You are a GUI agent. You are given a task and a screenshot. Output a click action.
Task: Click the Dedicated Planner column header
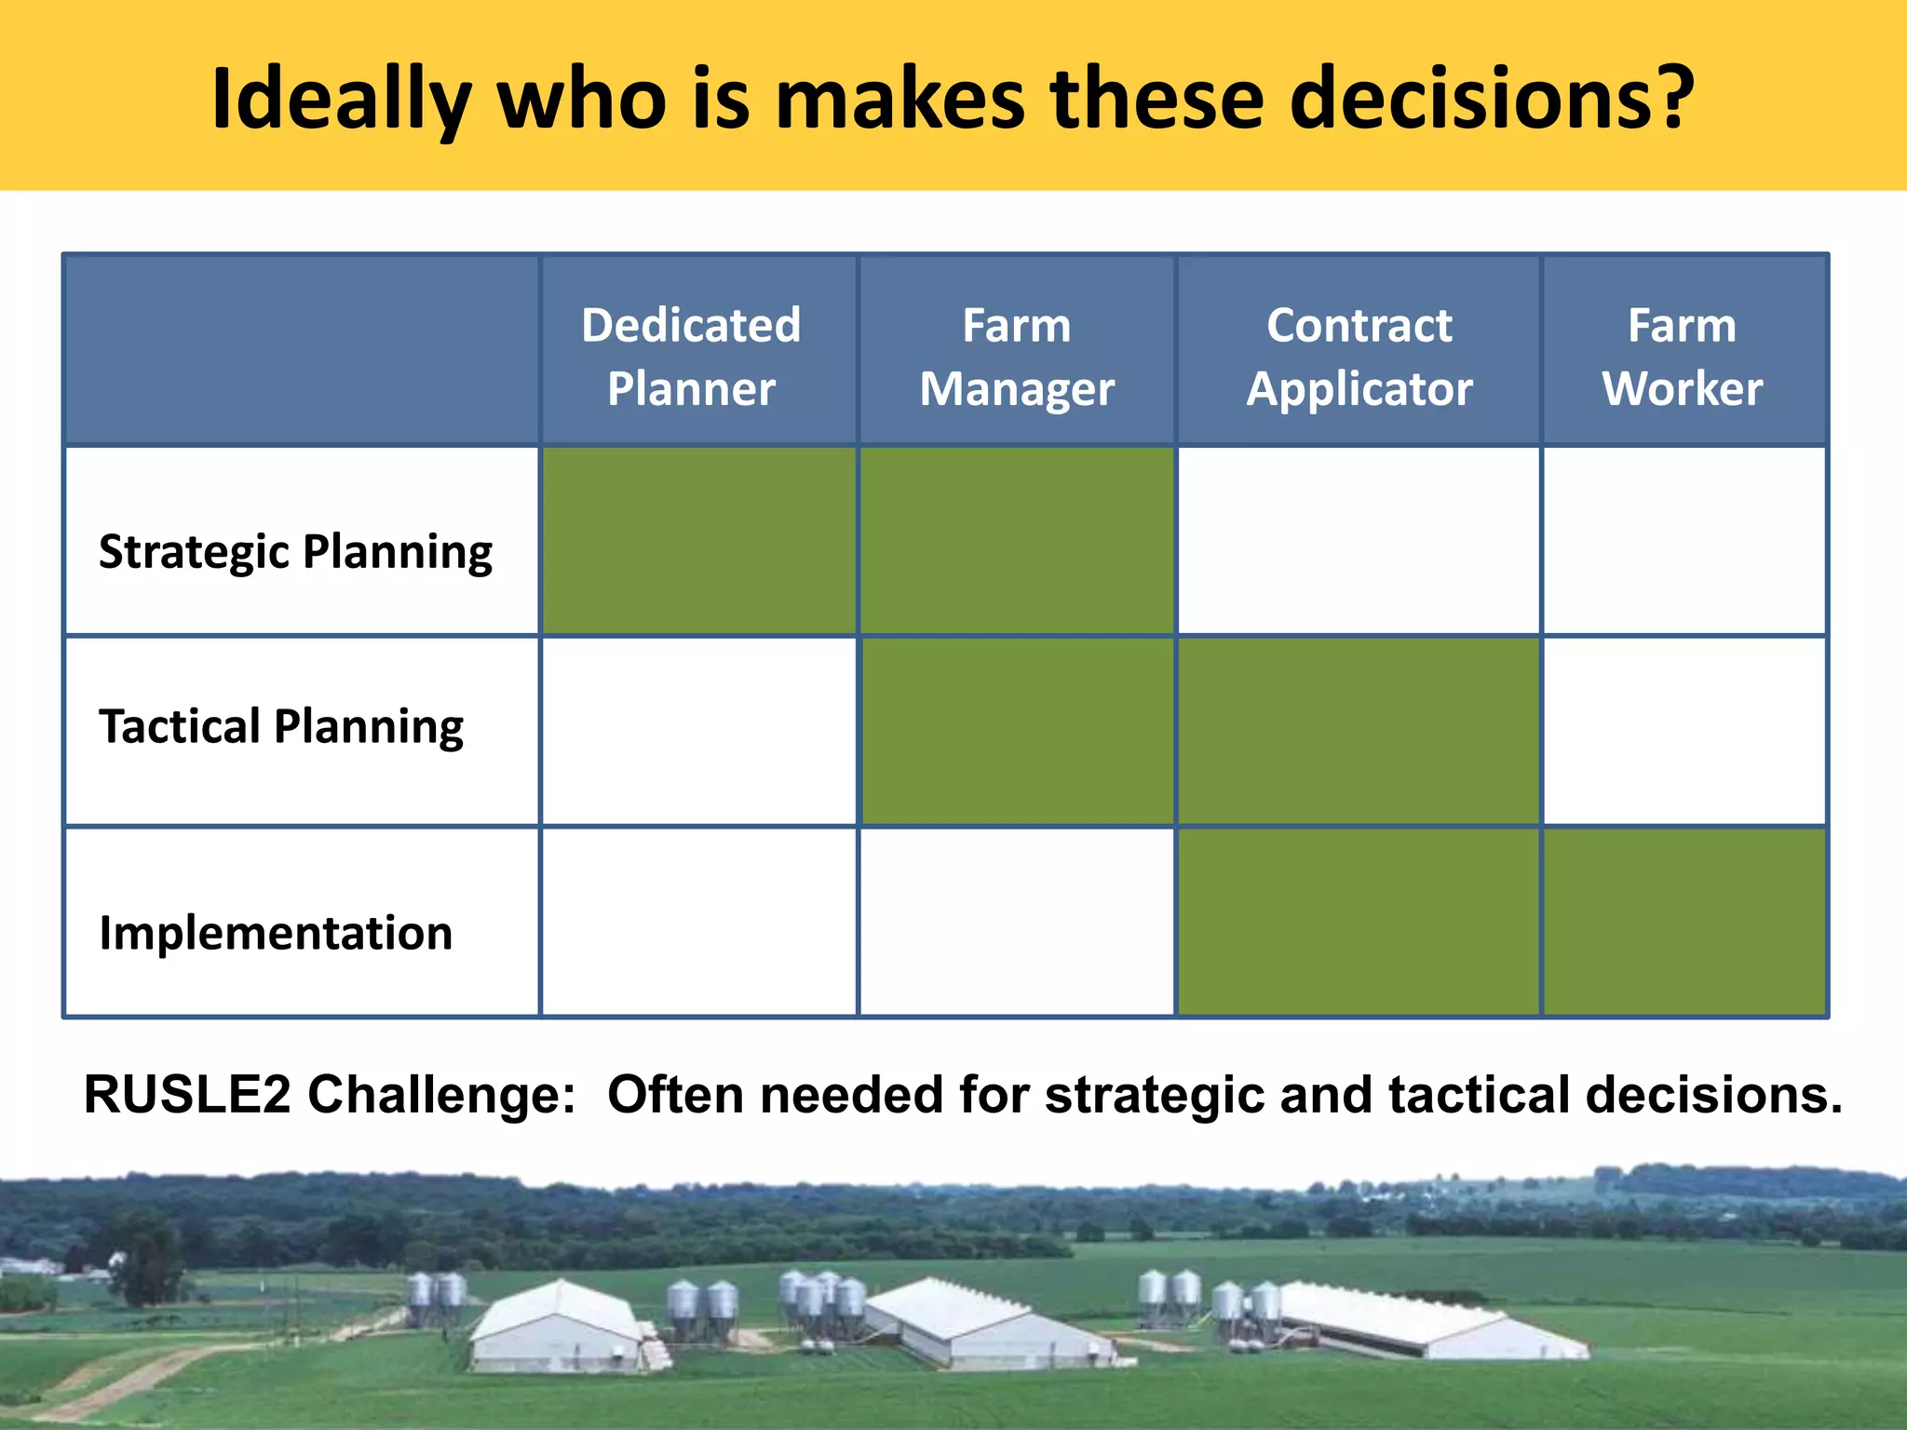click(691, 356)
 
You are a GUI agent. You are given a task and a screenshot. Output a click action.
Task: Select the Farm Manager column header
click(1017, 356)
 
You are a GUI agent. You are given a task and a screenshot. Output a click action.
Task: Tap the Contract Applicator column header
click(1359, 356)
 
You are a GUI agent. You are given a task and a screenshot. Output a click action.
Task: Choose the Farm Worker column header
click(1682, 356)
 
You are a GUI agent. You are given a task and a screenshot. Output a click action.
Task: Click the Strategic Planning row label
click(295, 551)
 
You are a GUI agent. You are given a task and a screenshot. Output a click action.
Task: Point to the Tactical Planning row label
click(281, 726)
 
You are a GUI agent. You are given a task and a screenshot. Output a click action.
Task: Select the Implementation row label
click(276, 933)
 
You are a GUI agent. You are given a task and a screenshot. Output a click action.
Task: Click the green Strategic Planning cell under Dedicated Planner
click(698, 542)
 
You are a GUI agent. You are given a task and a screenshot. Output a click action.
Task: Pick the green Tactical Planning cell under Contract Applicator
click(1359, 732)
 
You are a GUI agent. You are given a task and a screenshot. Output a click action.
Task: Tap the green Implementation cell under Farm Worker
click(1684, 922)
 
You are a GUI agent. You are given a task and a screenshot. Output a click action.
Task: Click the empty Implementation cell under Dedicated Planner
click(698, 922)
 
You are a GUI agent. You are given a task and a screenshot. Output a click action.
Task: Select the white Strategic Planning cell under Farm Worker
click(1684, 542)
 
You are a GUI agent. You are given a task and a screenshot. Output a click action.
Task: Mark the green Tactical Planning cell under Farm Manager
click(1017, 732)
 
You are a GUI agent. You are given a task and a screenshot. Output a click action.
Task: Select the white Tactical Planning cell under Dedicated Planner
click(698, 732)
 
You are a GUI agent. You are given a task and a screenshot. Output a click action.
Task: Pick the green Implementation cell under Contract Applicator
click(1359, 922)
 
